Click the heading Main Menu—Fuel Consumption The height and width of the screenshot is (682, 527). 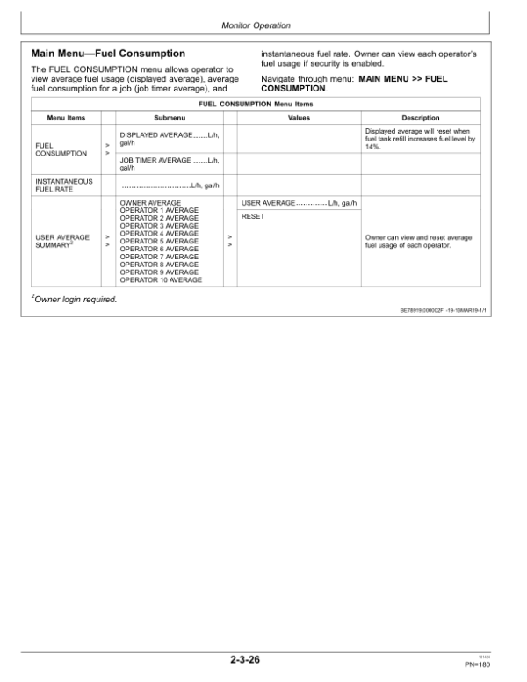pos(108,54)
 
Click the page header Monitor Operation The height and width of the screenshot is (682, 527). pos(263,26)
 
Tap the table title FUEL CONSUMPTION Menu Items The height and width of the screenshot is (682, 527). pos(263,104)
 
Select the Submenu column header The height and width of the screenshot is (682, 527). pos(169,118)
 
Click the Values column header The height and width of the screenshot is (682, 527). pos(299,118)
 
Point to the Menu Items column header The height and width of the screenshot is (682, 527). pos(64,118)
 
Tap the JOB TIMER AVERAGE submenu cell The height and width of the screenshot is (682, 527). pos(169,164)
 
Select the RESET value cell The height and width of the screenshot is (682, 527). pos(253,216)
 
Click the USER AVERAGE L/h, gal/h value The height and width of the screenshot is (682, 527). pos(299,203)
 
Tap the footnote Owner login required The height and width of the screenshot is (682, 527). pos(74,299)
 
